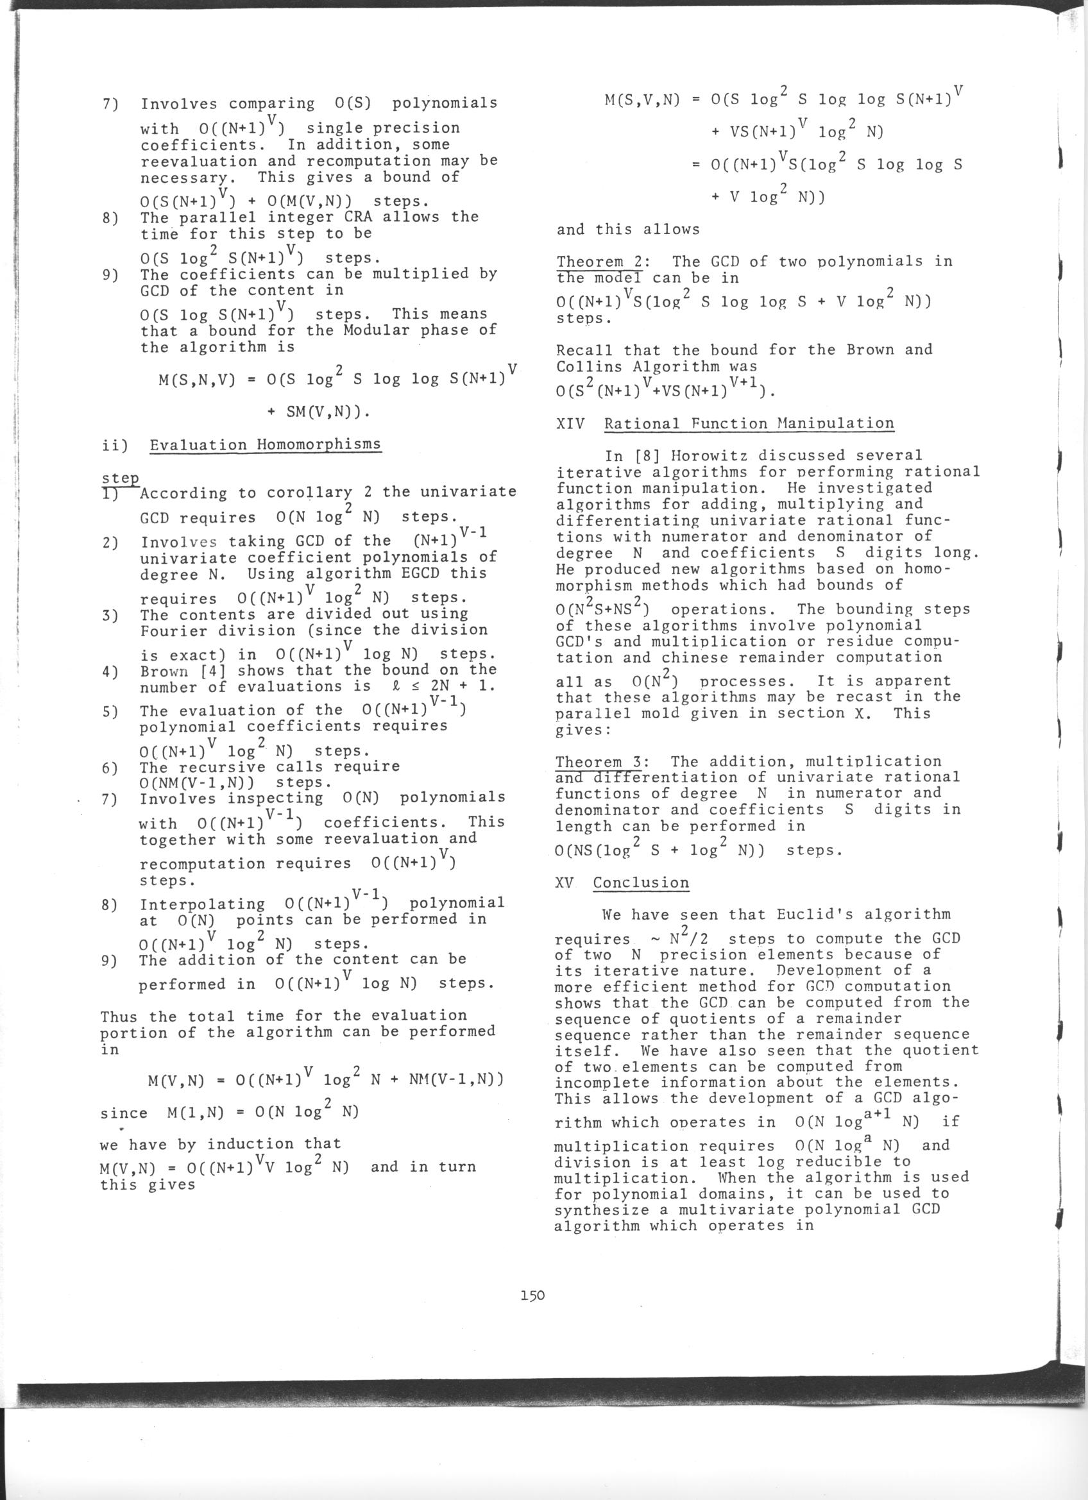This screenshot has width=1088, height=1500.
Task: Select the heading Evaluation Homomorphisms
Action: [265, 444]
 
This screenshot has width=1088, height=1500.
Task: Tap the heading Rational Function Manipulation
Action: [749, 423]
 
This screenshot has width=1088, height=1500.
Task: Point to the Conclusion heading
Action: [640, 883]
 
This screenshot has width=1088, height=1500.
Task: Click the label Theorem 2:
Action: [600, 262]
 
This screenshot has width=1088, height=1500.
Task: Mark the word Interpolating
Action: [202, 904]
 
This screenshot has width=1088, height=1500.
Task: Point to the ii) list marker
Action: [110, 445]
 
